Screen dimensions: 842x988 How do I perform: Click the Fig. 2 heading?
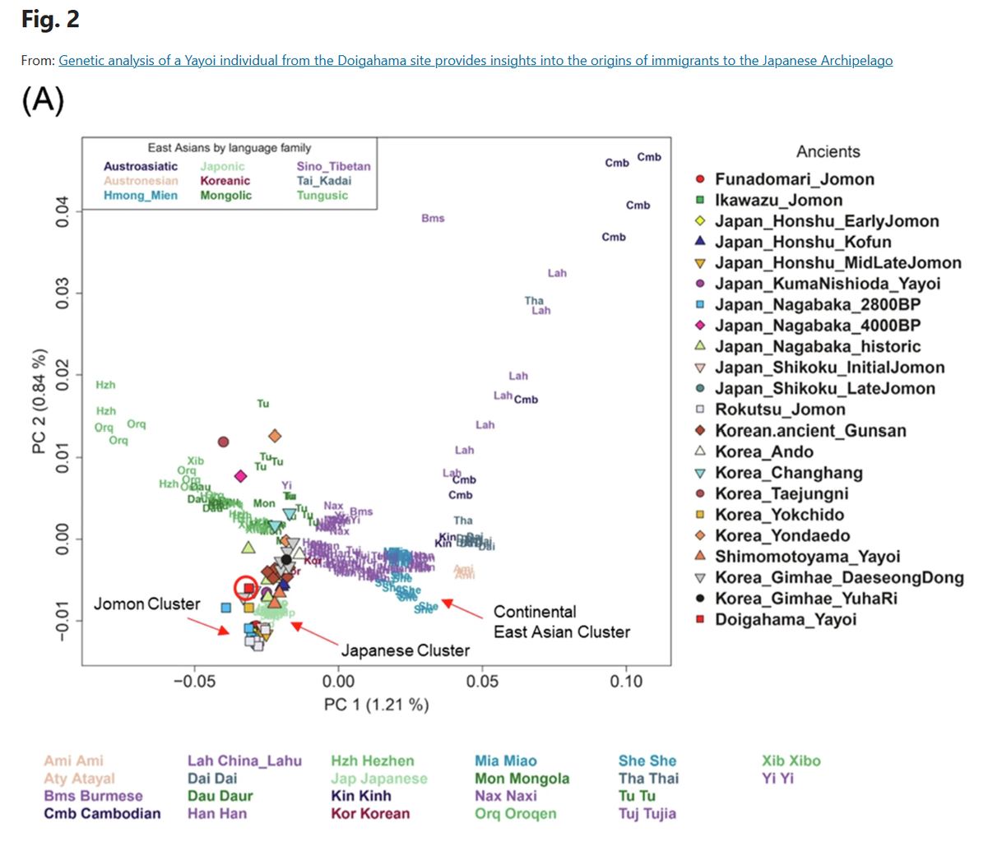50,20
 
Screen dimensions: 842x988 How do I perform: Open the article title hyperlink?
475,60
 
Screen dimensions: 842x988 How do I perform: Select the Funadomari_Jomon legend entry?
794,179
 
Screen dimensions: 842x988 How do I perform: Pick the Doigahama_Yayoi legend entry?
785,620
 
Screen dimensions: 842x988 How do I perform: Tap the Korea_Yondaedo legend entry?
782,536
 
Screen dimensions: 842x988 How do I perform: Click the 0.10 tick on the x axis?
626,681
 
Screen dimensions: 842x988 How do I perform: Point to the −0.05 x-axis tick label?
194,681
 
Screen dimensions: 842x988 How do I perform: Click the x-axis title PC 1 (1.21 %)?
376,705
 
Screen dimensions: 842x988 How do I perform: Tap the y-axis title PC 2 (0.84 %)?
39,402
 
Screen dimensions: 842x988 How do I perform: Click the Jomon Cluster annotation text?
146,604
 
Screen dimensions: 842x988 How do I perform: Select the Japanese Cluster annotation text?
406,650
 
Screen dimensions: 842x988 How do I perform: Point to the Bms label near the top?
433,219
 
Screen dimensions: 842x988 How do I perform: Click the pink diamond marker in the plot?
240,476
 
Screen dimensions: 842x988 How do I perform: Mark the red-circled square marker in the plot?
248,588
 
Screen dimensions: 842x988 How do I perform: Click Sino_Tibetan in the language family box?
333,166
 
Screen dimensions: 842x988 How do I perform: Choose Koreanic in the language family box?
225,181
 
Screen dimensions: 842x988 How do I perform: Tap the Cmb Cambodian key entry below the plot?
102,814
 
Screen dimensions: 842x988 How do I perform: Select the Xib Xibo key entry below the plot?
791,761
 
